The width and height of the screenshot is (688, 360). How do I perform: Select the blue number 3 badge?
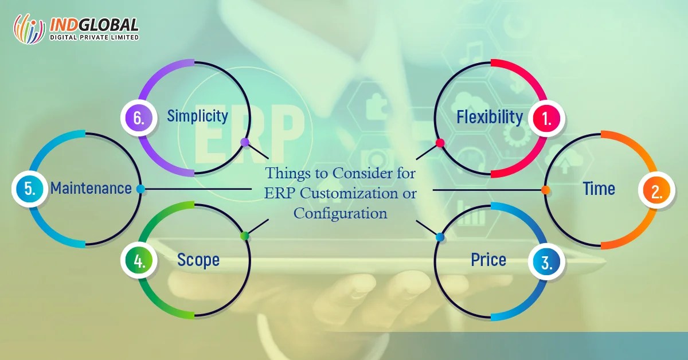pos(547,263)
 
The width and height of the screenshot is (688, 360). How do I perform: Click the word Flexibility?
pos(490,117)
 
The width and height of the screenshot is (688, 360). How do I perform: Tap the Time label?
pos(599,189)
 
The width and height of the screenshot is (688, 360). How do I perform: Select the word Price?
pos(488,260)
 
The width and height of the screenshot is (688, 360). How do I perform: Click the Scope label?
pos(198,260)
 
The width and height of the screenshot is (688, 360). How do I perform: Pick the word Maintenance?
pos(91,188)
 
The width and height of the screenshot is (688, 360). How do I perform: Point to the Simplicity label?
pos(198,116)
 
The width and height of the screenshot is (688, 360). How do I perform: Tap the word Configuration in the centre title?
pos(341,213)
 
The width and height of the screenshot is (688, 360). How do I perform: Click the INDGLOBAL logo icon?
pos(29,29)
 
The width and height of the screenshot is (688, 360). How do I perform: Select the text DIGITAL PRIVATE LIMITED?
pos(95,38)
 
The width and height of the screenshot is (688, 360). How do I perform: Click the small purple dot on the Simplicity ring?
pos(245,142)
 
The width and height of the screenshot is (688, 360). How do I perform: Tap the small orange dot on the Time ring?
pos(546,189)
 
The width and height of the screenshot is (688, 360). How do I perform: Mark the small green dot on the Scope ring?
pos(244,236)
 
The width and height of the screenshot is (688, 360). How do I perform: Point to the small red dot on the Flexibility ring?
pos(440,143)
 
